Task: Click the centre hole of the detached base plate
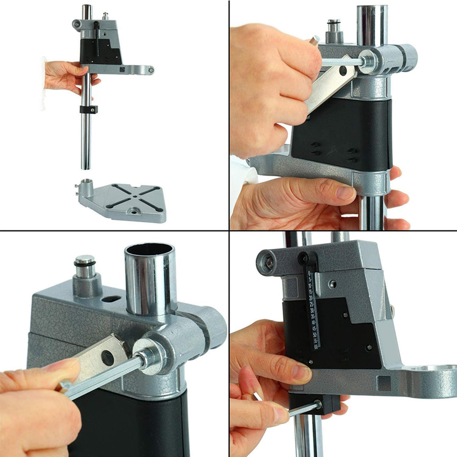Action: pyautogui.click(x=134, y=197)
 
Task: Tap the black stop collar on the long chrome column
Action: pyautogui.click(x=89, y=109)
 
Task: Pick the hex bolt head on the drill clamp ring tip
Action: pyautogui.click(x=151, y=69)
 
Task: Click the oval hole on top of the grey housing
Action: pyautogui.click(x=111, y=299)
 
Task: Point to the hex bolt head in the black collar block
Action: pyautogui.click(x=318, y=404)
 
